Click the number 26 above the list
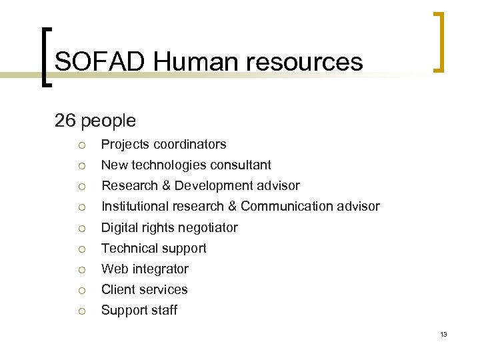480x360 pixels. click(x=65, y=121)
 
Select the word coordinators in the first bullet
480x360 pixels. click(x=190, y=144)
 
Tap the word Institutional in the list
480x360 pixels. click(x=135, y=206)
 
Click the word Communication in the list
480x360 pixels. click(x=289, y=206)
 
